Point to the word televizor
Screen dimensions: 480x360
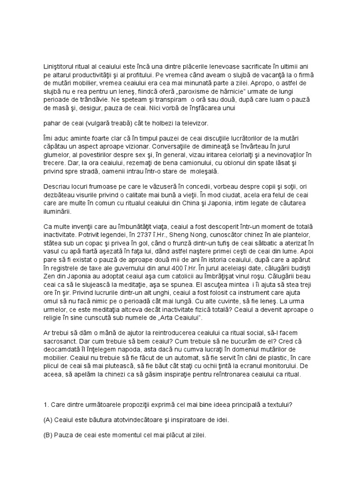pos(194,124)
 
